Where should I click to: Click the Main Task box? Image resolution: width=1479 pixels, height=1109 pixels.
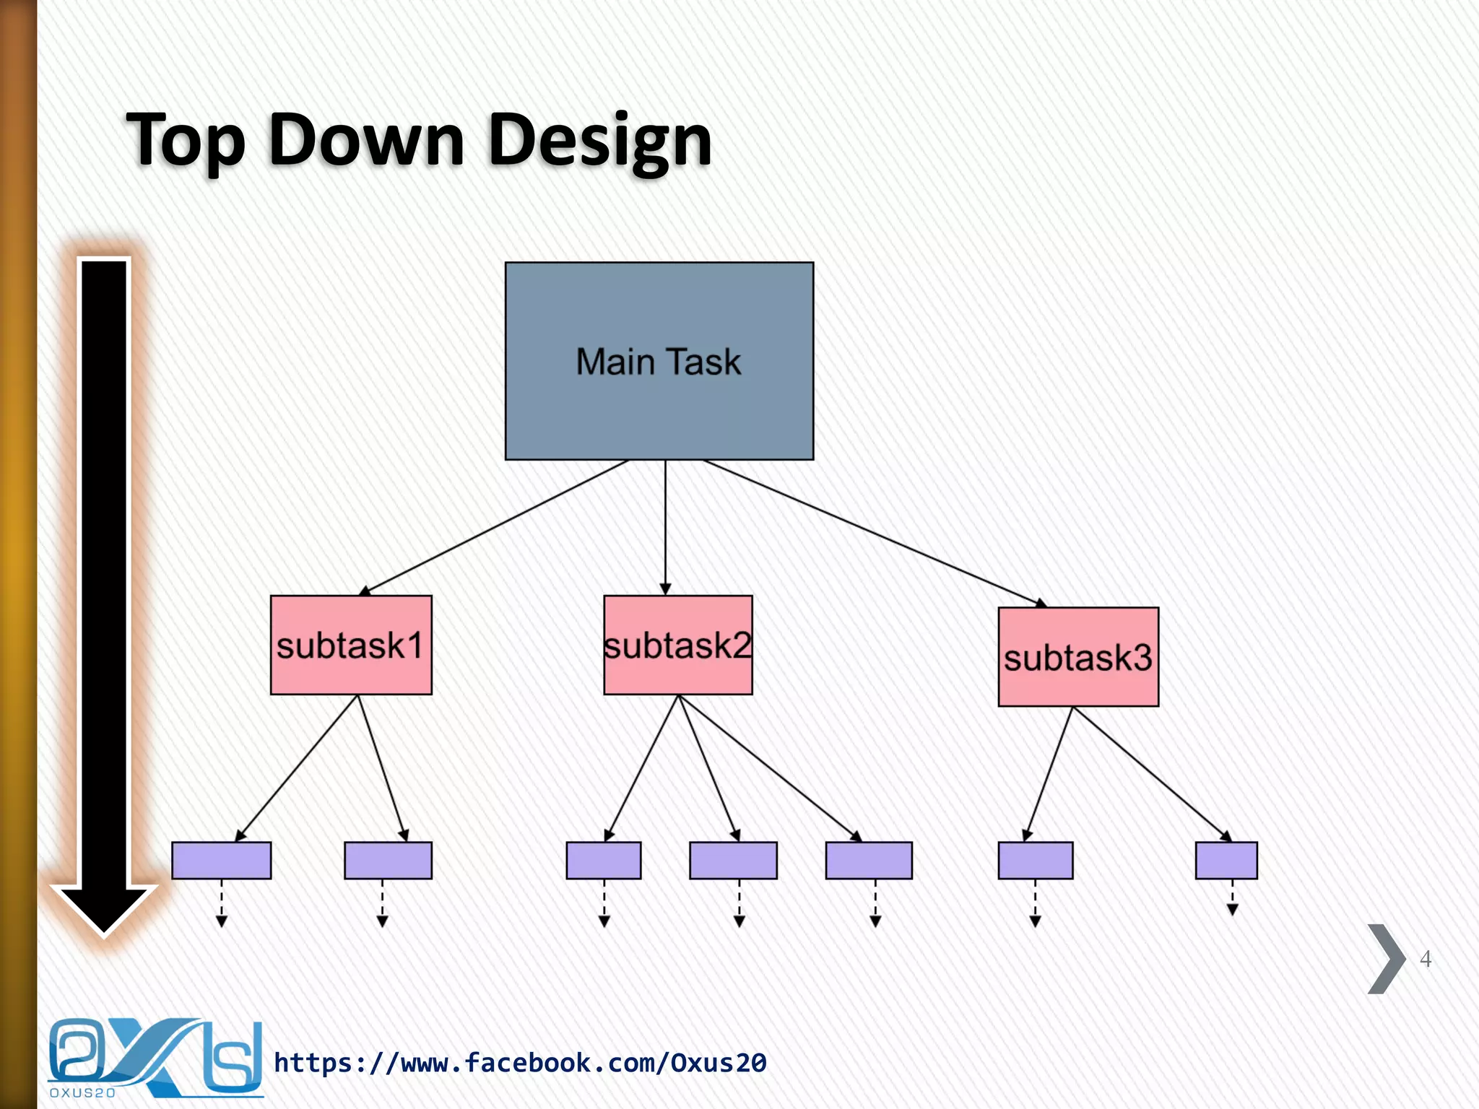[659, 361]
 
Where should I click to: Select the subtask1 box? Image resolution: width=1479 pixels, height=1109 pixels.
[351, 645]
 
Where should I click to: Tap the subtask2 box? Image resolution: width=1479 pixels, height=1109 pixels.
[677, 645]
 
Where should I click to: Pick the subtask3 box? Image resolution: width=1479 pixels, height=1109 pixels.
[1078, 657]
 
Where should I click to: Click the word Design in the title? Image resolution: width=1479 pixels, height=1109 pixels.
[599, 141]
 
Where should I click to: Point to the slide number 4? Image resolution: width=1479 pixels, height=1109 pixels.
[1425, 959]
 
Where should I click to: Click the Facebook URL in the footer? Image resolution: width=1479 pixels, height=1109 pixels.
[520, 1063]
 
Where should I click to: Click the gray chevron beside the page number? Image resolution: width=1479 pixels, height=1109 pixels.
[1386, 959]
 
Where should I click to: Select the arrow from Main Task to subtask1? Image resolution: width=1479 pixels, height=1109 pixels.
[495, 528]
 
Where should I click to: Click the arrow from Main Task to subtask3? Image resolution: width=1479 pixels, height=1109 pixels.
[874, 533]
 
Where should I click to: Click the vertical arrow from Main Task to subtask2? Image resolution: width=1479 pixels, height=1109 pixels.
[665, 527]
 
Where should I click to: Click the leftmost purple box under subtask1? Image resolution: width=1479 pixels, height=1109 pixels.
[221, 860]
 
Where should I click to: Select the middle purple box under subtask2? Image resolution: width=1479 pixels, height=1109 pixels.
[733, 860]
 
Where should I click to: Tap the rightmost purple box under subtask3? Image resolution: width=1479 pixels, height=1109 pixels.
[1226, 860]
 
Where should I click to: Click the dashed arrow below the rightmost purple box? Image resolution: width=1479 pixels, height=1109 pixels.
[1232, 899]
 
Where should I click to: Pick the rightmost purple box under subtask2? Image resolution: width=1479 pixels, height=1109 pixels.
[869, 860]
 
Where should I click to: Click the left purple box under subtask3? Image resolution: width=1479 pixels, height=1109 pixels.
[1035, 860]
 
